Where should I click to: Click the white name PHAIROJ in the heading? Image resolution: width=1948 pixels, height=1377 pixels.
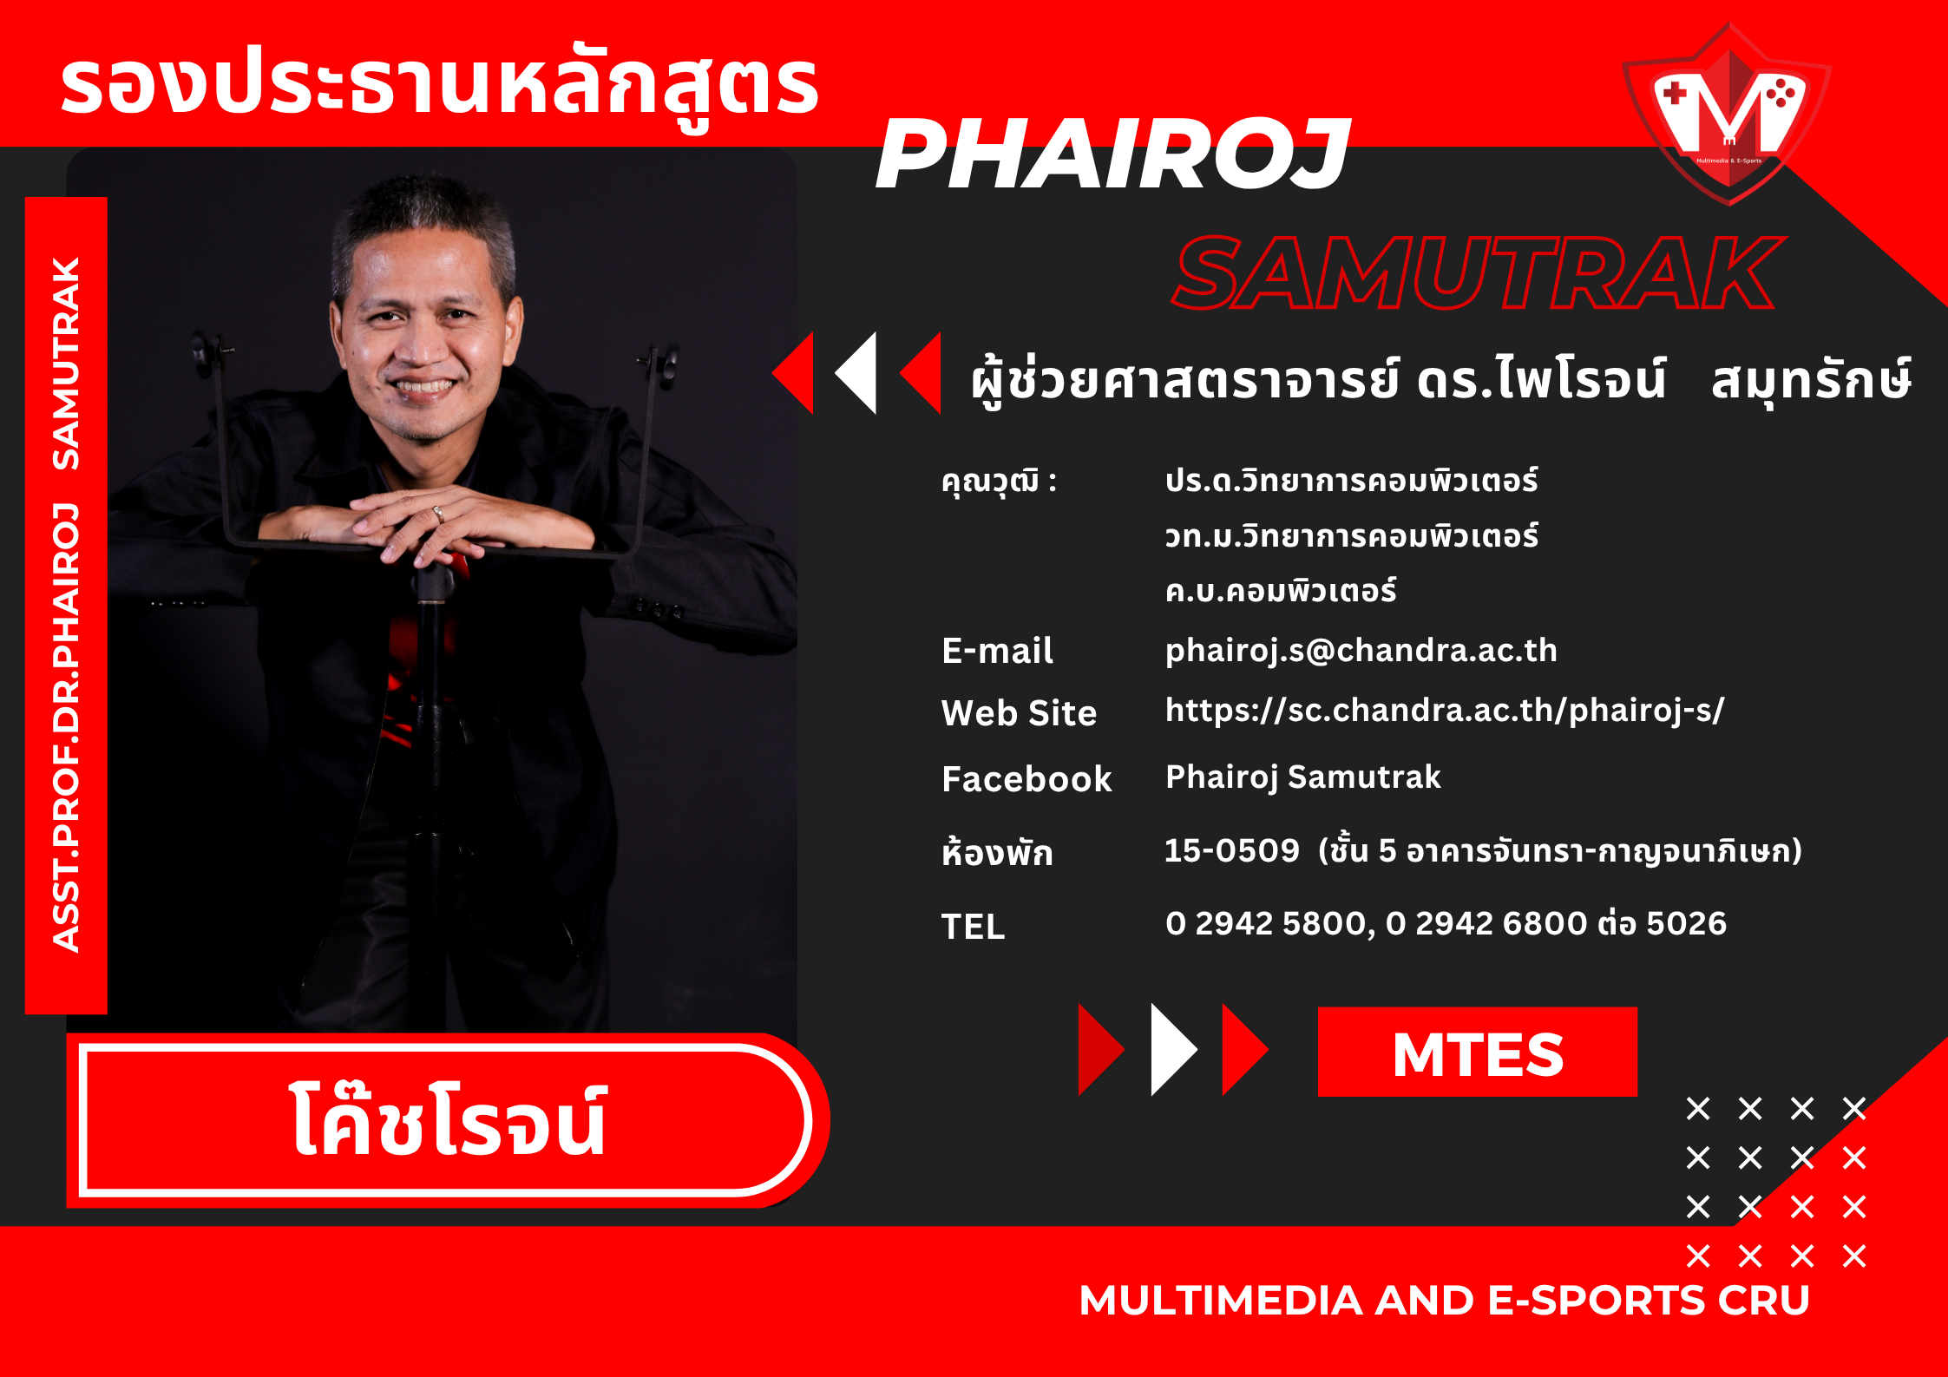(1113, 154)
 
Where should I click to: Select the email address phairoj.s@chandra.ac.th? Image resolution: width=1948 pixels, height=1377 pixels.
(1361, 651)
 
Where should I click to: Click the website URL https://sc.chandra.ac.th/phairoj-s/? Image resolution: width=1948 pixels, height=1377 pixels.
(1445, 711)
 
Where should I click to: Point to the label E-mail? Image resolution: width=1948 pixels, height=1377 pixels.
(997, 651)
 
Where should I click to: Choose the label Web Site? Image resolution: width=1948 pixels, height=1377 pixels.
(1019, 713)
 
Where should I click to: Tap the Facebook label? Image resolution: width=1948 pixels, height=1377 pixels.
(1026, 779)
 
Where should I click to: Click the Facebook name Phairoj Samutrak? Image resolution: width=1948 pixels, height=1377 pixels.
(1302, 777)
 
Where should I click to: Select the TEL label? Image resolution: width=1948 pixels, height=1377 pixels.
(973, 927)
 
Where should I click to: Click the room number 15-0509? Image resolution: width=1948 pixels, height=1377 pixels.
(1231, 851)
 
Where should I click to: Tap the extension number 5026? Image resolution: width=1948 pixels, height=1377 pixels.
(1686, 923)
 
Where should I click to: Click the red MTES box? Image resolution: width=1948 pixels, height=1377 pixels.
(1477, 1052)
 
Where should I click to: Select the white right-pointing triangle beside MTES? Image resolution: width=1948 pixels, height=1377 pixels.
(1173, 1050)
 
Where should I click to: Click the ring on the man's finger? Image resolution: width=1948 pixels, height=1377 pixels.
(438, 514)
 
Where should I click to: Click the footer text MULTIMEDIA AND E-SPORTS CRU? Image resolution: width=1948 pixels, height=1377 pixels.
(1444, 1300)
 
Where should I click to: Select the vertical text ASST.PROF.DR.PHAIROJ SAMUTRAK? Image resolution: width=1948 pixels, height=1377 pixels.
(66, 605)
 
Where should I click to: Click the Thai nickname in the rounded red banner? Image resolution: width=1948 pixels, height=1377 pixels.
(447, 1120)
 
